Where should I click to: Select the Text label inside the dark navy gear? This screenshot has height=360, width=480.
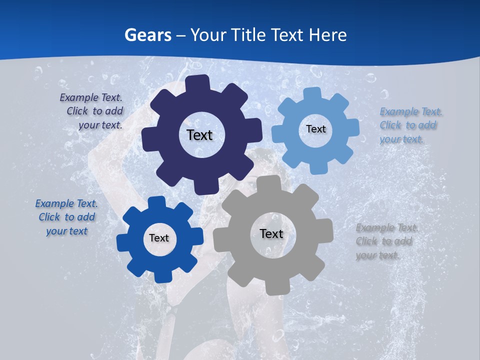coord(199,135)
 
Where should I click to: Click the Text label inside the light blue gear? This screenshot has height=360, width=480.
coord(315,129)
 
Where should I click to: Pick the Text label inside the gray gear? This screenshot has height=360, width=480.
coord(271,233)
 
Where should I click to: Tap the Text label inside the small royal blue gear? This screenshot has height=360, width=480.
coord(159,238)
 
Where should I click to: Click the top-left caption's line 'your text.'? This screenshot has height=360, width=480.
coord(100,125)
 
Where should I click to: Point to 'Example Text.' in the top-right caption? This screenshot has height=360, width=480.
coord(411,111)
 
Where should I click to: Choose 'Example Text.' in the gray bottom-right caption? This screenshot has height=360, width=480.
coord(387,228)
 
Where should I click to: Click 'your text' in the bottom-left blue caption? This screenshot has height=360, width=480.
coord(66,231)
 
